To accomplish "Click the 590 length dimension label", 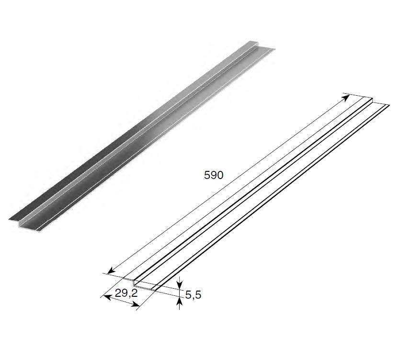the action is coord(214,175).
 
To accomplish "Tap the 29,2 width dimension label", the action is coord(126,293).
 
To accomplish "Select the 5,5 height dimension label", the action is coord(193,295).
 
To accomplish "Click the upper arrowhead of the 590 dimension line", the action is coord(346,97).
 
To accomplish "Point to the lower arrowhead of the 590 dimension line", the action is coord(111,271).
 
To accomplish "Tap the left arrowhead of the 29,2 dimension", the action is coord(107,297).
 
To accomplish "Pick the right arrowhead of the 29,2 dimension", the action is coord(136,304).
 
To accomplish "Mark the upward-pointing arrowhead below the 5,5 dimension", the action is coord(180,302).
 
